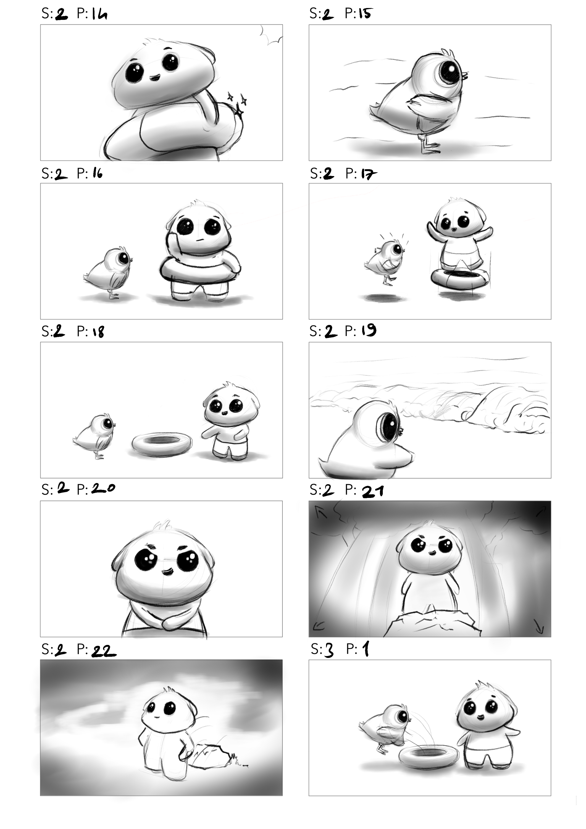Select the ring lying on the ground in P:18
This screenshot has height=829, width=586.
[x=161, y=444]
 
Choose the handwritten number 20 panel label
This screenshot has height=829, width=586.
[x=103, y=489]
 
